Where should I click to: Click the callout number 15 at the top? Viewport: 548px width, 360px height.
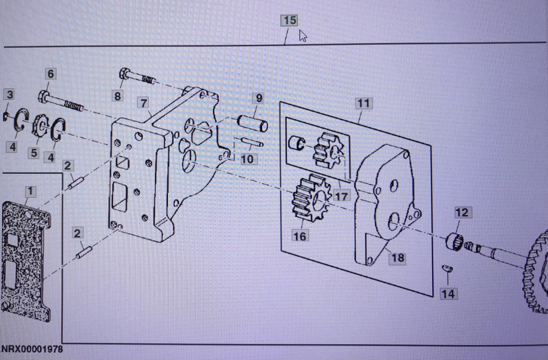coord(290,20)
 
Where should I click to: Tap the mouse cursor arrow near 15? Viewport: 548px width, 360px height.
coord(303,36)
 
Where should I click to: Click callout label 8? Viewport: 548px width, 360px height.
coord(118,96)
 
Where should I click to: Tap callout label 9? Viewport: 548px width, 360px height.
coord(258,99)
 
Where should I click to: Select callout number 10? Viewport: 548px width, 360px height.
coord(248,159)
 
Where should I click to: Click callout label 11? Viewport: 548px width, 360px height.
coord(363,103)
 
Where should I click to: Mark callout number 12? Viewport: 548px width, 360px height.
coord(462,212)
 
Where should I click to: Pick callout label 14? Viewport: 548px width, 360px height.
coord(448,293)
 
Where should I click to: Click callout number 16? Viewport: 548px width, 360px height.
coord(300,236)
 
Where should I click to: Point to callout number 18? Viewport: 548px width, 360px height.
coord(398,257)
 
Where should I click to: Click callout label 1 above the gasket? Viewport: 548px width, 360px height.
coord(30,191)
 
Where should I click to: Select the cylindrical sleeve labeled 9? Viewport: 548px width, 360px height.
coord(252,124)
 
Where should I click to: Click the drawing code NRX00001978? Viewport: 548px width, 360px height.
coord(32,349)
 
